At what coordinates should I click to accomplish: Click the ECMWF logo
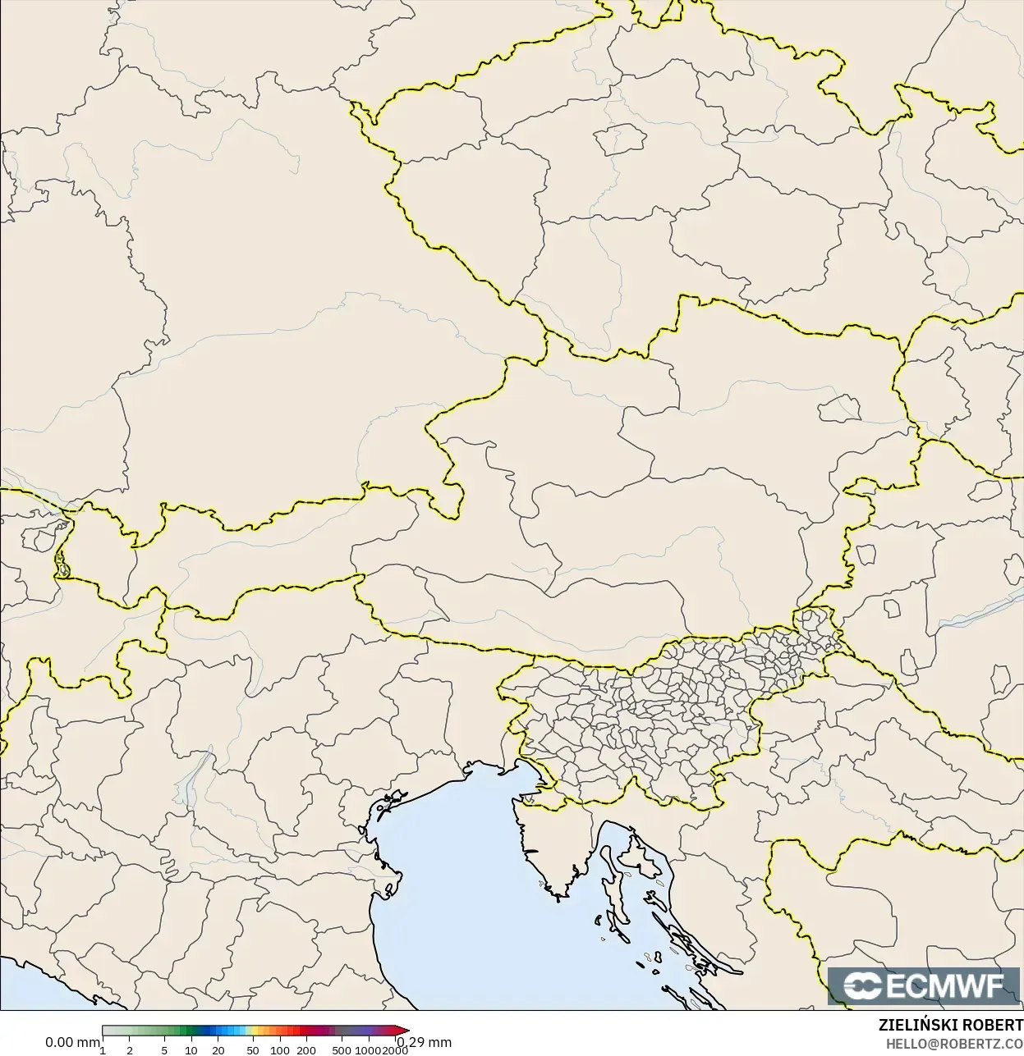click(925, 985)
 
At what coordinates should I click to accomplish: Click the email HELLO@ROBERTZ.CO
click(954, 1044)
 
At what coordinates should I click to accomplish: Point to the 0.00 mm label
click(72, 1042)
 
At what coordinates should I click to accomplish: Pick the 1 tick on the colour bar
click(103, 1049)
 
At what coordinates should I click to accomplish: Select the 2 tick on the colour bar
click(130, 1049)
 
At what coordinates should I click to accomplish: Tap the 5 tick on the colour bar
click(164, 1049)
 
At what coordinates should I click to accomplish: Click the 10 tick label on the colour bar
click(191, 1049)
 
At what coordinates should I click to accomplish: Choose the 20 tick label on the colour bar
click(218, 1049)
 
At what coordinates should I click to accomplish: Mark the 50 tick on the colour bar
click(253, 1049)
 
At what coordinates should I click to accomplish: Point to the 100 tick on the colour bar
click(280, 1049)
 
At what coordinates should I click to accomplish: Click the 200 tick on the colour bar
click(307, 1049)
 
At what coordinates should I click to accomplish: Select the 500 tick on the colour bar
click(342, 1049)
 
